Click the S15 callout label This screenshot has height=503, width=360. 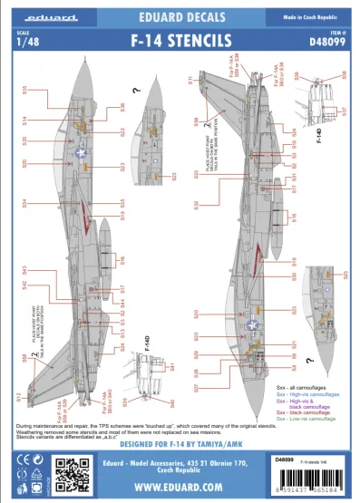point(24,90)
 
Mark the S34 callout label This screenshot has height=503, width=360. point(24,203)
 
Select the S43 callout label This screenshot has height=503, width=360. point(24,270)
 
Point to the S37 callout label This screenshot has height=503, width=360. point(344,113)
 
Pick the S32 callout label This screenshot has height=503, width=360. point(196,207)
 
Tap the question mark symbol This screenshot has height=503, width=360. point(135,90)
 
